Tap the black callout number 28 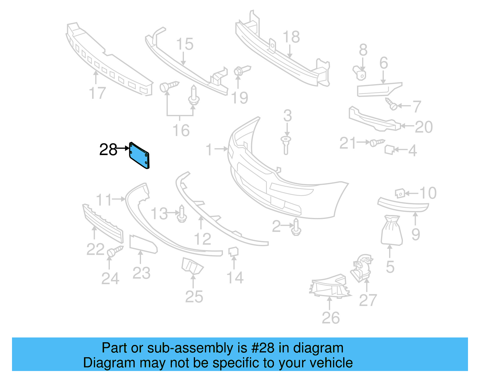108,149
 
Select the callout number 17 97,93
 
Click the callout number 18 291,37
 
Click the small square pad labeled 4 389,149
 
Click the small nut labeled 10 400,193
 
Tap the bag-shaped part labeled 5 391,231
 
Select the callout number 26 331,318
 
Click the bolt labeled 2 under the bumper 296,227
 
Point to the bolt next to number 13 182,214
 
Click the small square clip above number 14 233,252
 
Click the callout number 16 181,131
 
